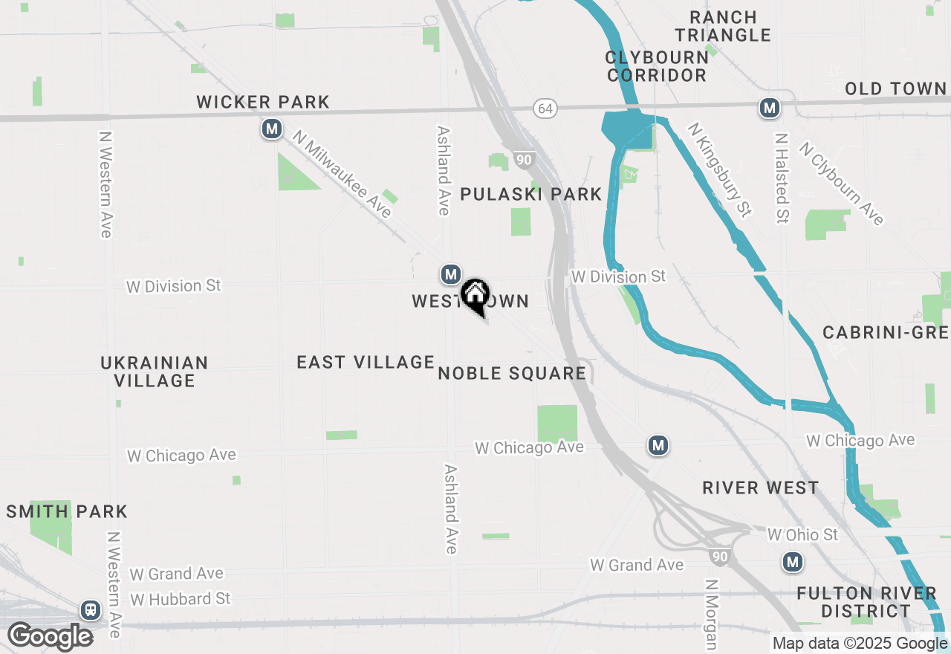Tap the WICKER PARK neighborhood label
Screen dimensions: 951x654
pyautogui.click(x=263, y=102)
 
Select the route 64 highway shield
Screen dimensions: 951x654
pyautogui.click(x=545, y=109)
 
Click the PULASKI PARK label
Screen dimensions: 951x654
pyautogui.click(x=530, y=195)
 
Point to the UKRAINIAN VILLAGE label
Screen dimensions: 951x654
pyautogui.click(x=155, y=372)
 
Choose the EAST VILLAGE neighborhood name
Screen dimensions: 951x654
pyautogui.click(x=366, y=362)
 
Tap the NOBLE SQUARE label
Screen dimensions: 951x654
pyautogui.click(x=512, y=373)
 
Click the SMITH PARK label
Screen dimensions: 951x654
pyautogui.click(x=67, y=511)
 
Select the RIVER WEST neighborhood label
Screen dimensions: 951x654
pyautogui.click(x=761, y=488)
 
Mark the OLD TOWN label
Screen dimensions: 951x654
pyautogui.click(x=896, y=89)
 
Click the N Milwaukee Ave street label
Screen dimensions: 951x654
pyautogui.click(x=342, y=174)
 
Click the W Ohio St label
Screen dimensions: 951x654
pyautogui.click(x=802, y=534)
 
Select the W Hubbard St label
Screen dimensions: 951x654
pyautogui.click(x=180, y=599)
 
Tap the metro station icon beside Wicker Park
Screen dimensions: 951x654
pyautogui.click(x=272, y=129)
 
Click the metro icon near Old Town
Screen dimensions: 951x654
pyautogui.click(x=769, y=108)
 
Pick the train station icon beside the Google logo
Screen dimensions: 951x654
pyautogui.click(x=91, y=610)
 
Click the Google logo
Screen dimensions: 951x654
pyautogui.click(x=50, y=637)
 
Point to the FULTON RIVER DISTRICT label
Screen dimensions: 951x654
pyautogui.click(x=866, y=602)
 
